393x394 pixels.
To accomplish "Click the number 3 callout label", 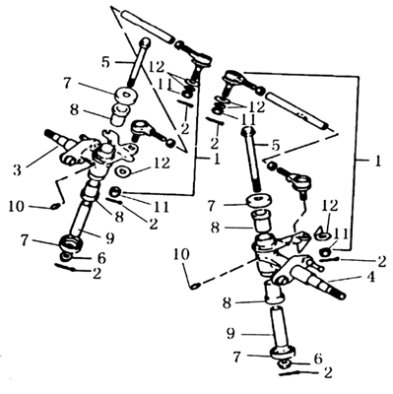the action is (18, 169).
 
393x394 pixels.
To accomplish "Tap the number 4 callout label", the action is (370, 277).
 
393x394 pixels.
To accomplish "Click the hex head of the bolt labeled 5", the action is (248, 131).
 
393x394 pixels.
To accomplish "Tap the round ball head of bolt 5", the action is (145, 42).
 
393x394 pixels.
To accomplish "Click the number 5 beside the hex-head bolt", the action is (275, 146).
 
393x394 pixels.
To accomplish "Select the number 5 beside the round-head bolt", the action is (105, 61).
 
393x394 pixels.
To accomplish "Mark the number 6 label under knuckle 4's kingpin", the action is (318, 359).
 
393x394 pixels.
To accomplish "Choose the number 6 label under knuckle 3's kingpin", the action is (101, 258).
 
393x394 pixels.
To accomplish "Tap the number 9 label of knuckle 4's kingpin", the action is (230, 334).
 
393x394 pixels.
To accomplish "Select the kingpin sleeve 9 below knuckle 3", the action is (81, 219).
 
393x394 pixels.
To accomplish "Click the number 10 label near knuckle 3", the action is (17, 207).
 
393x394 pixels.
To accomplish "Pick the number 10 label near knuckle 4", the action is (181, 254).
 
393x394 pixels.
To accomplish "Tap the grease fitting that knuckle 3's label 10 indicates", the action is (55, 207).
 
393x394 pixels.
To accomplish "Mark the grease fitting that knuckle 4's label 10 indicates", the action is (195, 286).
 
